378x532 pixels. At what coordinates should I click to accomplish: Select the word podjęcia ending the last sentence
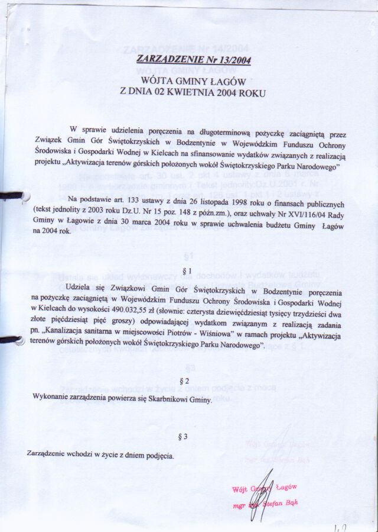tap(155, 456)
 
